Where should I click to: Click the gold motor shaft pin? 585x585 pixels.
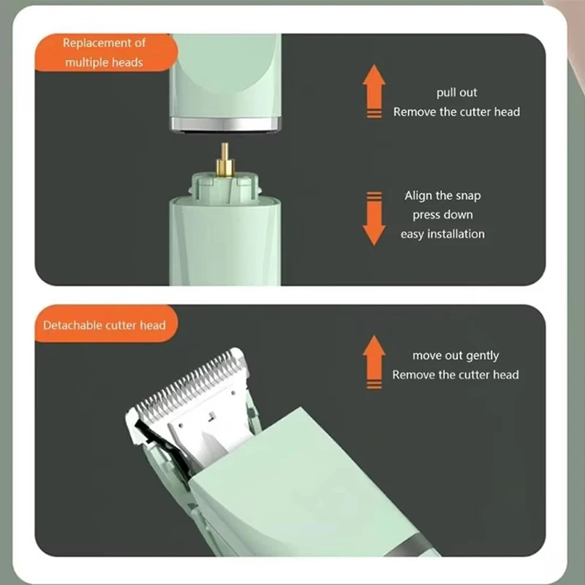pos(224,160)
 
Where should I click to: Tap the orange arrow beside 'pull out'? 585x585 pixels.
pos(374,91)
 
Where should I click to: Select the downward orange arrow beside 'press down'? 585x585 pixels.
pos(374,219)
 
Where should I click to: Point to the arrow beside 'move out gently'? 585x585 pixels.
pos(374,362)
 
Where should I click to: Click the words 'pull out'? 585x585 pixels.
pos(456,93)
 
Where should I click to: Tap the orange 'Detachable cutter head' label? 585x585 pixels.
pos(106,323)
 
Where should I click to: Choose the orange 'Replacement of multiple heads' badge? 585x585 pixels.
pos(106,52)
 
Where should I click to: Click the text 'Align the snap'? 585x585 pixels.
pos(442,196)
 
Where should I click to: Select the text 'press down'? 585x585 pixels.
pos(442,215)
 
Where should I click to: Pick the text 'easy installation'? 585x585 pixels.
pos(442,234)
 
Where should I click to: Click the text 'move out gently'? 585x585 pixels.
pos(456,355)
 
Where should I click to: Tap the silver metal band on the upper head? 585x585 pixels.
pos(225,124)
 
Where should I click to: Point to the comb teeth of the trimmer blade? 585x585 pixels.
pos(190,385)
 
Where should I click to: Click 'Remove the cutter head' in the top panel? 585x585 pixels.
pos(456,112)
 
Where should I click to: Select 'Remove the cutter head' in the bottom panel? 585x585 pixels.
pos(455,374)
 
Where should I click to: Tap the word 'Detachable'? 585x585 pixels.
pos(72,325)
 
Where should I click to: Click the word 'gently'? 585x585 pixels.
pos(483,356)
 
